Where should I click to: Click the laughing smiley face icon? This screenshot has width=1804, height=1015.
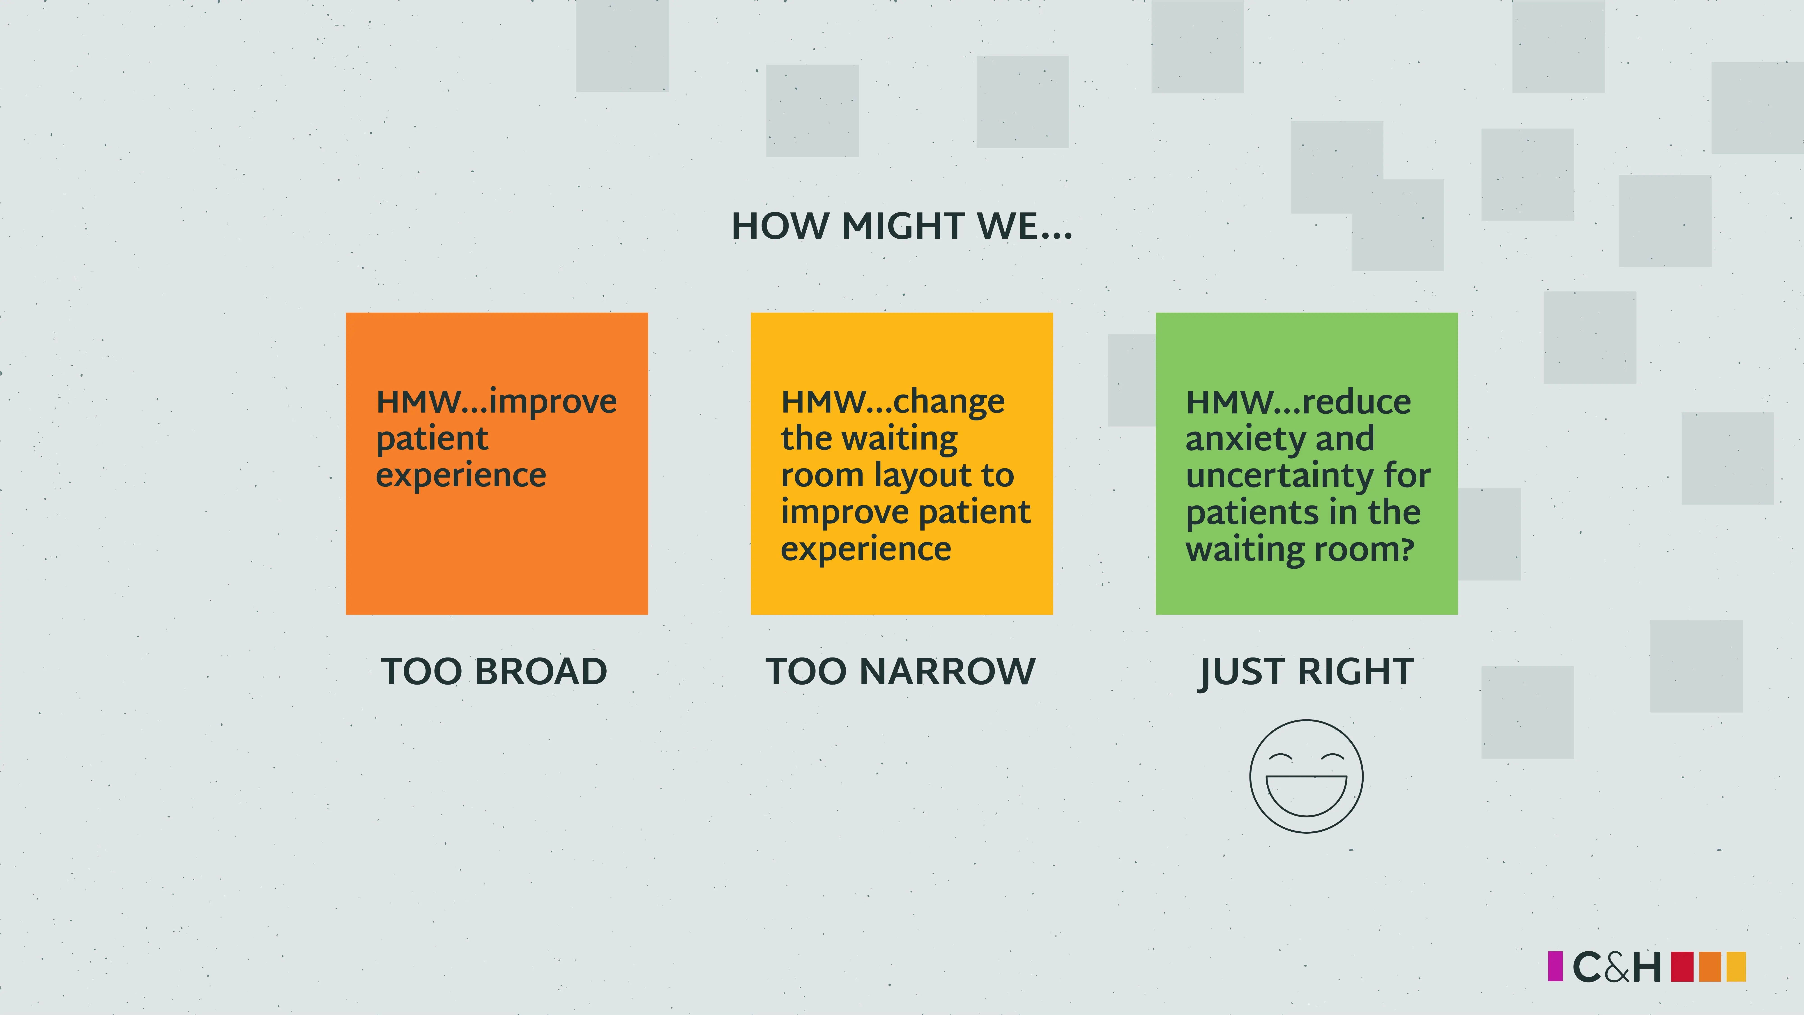(x=1306, y=776)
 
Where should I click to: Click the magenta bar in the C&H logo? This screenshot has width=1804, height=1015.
(x=1555, y=967)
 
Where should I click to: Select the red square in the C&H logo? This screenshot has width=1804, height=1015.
(x=1682, y=967)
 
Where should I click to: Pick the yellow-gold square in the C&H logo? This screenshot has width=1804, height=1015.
(x=1736, y=967)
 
